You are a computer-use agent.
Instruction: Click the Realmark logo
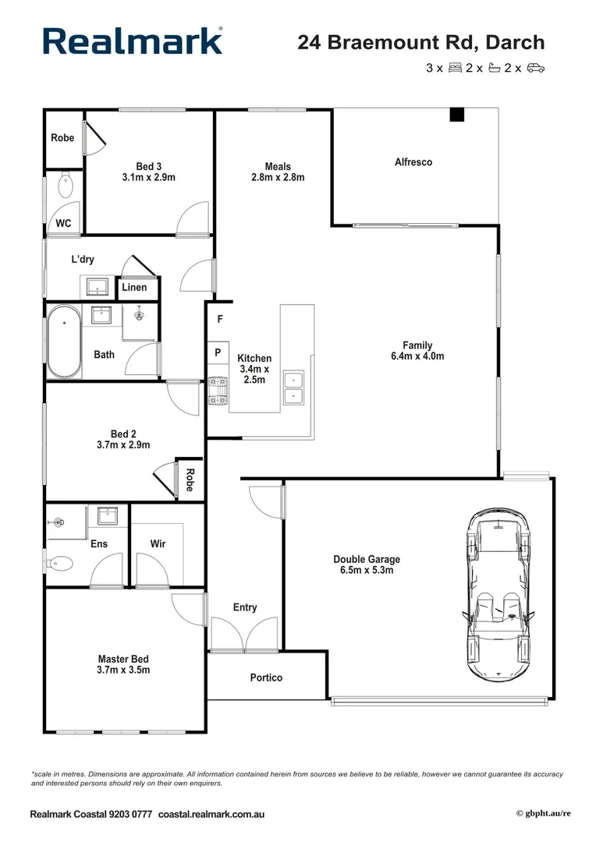click(x=133, y=41)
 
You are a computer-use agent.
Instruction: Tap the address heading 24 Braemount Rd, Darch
click(x=421, y=42)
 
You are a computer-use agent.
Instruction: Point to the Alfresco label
click(x=413, y=162)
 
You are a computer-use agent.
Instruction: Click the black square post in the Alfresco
click(x=456, y=115)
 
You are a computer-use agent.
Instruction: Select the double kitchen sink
click(x=293, y=387)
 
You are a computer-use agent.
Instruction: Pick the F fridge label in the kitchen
click(x=220, y=320)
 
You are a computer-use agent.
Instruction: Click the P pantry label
click(x=218, y=353)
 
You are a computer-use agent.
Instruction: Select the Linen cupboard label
click(x=134, y=288)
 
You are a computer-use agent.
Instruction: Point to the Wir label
click(x=158, y=544)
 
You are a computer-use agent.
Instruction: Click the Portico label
click(x=266, y=677)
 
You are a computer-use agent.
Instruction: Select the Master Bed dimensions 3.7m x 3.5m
click(x=123, y=670)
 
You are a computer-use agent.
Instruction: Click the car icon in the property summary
click(x=535, y=68)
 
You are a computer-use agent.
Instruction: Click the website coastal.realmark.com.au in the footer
click(x=211, y=814)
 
